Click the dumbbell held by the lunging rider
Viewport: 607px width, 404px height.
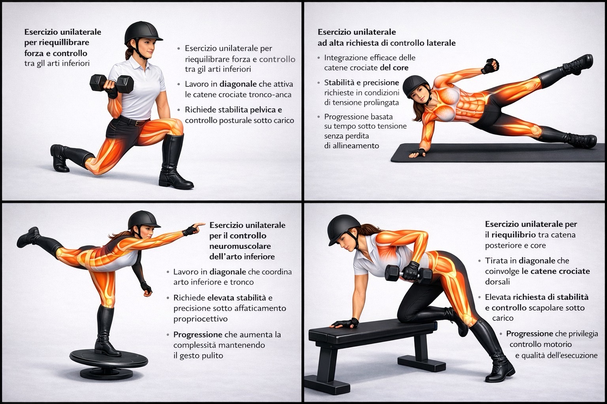112,84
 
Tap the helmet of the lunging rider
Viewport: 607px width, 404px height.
143,32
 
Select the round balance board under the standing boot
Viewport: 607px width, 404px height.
108,364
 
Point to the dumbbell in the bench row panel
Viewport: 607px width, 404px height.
408,274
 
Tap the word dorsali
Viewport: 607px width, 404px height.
497,282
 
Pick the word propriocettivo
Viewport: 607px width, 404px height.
200,319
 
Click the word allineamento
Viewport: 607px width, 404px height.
351,146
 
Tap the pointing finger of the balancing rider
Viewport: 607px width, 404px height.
200,224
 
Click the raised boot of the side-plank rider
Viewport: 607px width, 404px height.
577,65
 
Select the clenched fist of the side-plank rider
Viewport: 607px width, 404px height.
490,66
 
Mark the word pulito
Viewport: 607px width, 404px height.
212,356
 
